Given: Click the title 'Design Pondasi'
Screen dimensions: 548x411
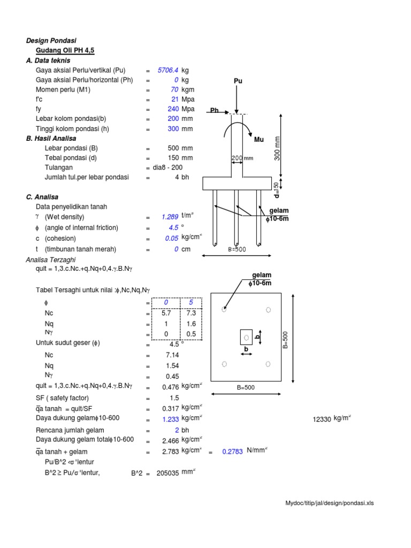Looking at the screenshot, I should coord(51,40).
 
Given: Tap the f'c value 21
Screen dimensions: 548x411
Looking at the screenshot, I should coord(174,99).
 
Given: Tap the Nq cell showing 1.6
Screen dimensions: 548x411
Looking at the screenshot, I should coord(191,323).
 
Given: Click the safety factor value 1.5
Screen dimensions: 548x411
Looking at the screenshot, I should coord(173,398).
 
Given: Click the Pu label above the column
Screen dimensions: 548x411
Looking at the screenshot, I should coord(238,81).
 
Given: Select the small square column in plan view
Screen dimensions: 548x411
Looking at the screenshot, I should coord(246,337).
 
